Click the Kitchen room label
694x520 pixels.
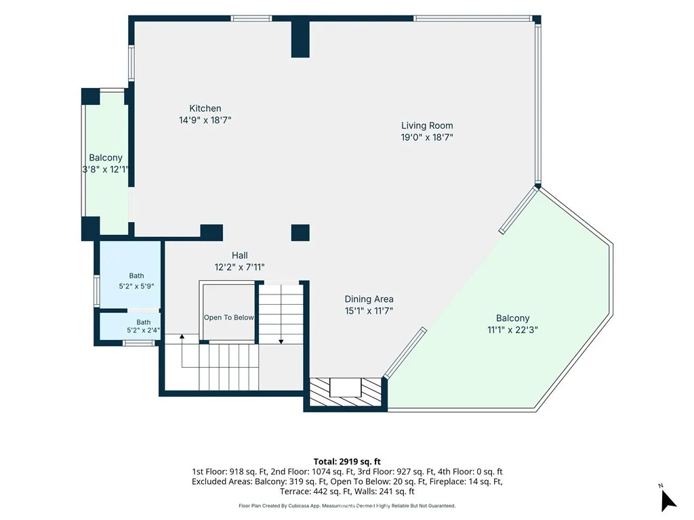(x=205, y=108)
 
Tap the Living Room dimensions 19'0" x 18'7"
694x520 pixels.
(x=427, y=137)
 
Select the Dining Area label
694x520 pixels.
(x=369, y=299)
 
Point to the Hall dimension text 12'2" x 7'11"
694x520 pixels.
(x=239, y=267)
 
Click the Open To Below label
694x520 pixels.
(x=229, y=318)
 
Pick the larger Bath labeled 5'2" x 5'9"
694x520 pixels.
(x=136, y=281)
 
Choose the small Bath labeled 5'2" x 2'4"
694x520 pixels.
(x=144, y=326)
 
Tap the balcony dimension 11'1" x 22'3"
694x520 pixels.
(x=512, y=330)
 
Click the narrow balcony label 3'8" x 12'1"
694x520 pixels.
(x=105, y=169)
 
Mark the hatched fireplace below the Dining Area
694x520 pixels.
(x=345, y=392)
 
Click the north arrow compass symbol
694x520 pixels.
(x=668, y=500)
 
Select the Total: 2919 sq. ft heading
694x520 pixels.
(x=347, y=462)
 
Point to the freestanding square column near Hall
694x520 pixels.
(x=300, y=233)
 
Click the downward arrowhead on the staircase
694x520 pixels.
(x=281, y=342)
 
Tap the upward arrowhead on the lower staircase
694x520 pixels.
(x=182, y=337)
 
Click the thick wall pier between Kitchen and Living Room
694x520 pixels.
(x=300, y=39)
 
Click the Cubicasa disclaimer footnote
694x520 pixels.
(x=347, y=506)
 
